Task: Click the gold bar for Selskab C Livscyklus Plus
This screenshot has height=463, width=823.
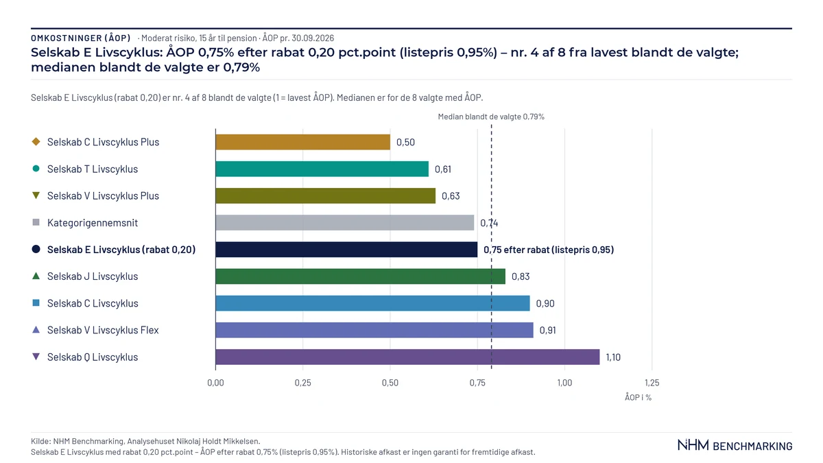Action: click(x=302, y=142)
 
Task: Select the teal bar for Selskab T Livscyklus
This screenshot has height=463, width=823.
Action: click(x=322, y=169)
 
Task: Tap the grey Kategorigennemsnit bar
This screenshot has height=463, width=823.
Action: click(x=344, y=223)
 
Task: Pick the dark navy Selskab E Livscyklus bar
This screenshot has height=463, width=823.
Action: click(x=346, y=250)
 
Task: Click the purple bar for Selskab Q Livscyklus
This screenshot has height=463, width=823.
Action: click(x=407, y=357)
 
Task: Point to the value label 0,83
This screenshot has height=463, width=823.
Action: click(x=521, y=276)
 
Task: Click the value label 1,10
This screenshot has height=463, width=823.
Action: click(x=613, y=357)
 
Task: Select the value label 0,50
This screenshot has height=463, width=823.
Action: click(x=405, y=142)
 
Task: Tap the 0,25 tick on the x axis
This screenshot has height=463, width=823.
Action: click(x=302, y=383)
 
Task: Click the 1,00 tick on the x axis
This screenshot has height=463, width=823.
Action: click(x=564, y=383)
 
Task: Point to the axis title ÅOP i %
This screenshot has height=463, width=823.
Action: click(x=639, y=397)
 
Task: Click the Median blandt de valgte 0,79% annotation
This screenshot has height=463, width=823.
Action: click(x=491, y=117)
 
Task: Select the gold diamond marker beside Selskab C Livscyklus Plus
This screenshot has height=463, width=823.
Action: click(x=36, y=141)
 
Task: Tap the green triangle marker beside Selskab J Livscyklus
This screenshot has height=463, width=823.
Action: click(x=36, y=276)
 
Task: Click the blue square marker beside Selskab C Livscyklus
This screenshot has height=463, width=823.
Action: click(x=36, y=302)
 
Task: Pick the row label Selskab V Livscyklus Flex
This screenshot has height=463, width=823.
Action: click(x=103, y=330)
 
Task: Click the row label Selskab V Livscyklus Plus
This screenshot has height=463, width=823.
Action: click(x=104, y=196)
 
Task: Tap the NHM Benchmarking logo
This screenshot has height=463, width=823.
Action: click(x=735, y=445)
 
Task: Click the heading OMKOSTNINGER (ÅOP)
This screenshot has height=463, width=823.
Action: click(x=81, y=38)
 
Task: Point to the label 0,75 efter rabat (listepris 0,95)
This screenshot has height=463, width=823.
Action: click(x=549, y=250)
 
